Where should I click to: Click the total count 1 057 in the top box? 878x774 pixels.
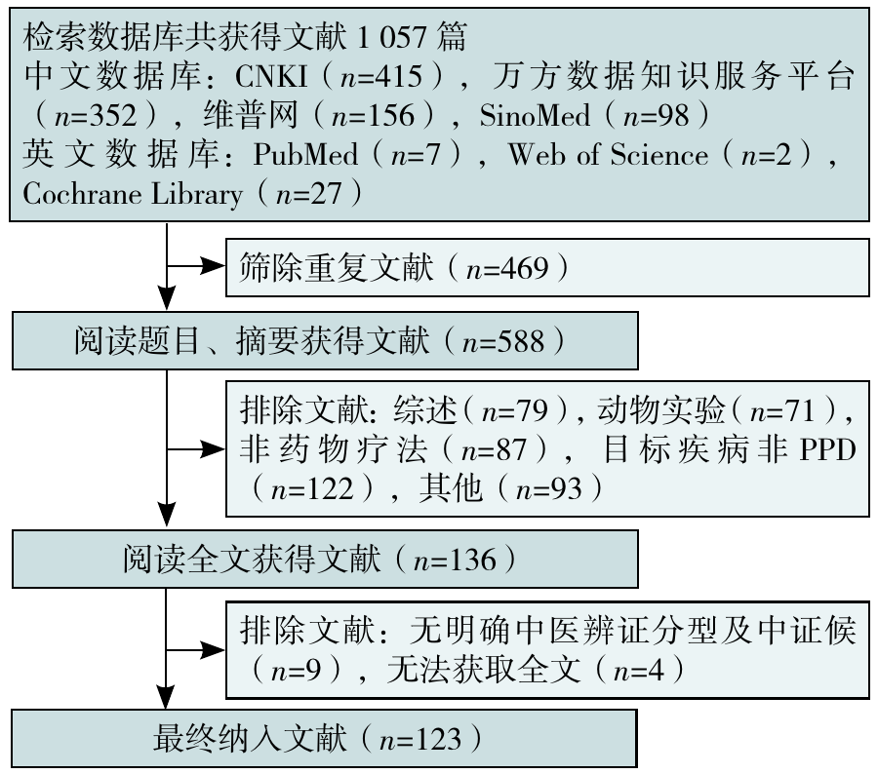tap(391, 38)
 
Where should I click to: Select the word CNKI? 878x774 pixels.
tap(271, 76)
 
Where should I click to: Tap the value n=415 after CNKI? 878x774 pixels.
tap(381, 77)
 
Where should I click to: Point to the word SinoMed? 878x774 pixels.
tap(536, 115)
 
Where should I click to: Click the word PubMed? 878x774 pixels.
tap(305, 154)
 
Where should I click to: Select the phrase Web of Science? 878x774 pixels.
tap(608, 154)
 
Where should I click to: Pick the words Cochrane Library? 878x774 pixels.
tap(133, 194)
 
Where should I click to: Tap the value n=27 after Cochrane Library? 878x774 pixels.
tap(308, 194)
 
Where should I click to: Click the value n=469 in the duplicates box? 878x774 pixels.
tap(507, 268)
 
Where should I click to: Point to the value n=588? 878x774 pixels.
tap(503, 341)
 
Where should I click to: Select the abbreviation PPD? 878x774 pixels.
tap(828, 448)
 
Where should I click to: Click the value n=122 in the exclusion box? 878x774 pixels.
tap(312, 488)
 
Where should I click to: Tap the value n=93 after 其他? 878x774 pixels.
tap(549, 488)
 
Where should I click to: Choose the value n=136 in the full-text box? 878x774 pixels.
tap(455, 560)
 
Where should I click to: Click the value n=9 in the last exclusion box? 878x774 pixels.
tap(297, 670)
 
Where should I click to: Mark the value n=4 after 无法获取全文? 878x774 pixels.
tap(639, 670)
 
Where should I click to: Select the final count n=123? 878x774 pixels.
tap(420, 739)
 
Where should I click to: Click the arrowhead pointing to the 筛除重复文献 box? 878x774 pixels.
tap(213, 266)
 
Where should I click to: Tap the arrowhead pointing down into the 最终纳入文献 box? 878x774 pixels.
tap(166, 698)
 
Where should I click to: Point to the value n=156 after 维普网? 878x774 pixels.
tap(373, 115)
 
